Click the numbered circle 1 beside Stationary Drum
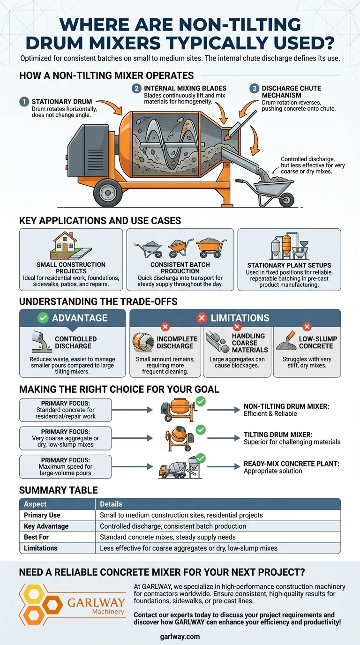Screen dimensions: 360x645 [x=24, y=102]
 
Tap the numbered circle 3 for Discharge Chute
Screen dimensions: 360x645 [x=254, y=89]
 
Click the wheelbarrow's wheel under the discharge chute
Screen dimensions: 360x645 [x=287, y=199]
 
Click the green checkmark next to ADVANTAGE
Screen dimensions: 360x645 [x=43, y=318]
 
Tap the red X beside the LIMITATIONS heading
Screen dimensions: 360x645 [x=201, y=318]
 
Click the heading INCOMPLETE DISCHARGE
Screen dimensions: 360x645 [x=177, y=342]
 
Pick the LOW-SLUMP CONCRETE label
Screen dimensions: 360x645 [x=318, y=342]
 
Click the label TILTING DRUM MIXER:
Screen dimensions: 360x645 [x=278, y=435]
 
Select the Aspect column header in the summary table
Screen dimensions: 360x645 [x=35, y=504]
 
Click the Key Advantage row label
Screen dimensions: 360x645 [x=46, y=526]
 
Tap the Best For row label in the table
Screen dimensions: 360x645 [x=36, y=537]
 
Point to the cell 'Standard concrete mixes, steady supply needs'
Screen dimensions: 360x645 [x=168, y=537]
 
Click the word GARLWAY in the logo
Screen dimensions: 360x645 [x=96, y=602]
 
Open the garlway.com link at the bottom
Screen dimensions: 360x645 [x=180, y=637]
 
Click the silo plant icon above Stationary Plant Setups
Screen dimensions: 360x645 [x=289, y=246]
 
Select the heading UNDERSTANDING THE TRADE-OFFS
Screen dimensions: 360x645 [x=98, y=301]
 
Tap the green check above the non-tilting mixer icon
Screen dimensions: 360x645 [x=201, y=401]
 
